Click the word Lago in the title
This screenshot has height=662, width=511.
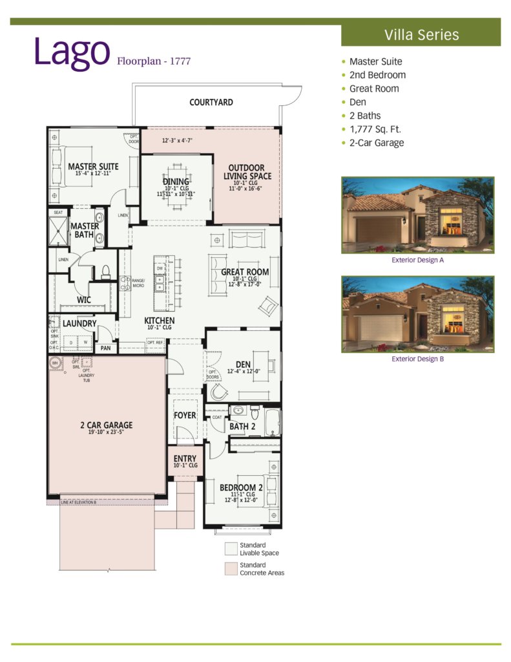[72, 52]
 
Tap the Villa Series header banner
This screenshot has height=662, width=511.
[421, 34]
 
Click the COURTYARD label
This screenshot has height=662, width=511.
[211, 102]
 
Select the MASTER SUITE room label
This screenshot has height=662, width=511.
[93, 167]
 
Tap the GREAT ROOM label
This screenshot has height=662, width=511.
[245, 272]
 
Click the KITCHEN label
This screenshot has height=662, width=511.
[159, 321]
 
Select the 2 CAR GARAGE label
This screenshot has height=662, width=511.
[107, 425]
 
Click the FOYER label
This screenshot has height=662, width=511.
[185, 415]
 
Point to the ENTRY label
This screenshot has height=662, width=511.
[185, 459]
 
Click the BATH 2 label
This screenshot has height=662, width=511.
[243, 427]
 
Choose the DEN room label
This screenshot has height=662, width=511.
[244, 364]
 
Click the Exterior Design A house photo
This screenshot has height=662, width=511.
[417, 215]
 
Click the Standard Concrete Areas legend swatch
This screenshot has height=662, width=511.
[231, 568]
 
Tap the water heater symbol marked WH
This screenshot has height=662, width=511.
[55, 363]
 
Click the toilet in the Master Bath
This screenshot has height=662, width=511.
[105, 272]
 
